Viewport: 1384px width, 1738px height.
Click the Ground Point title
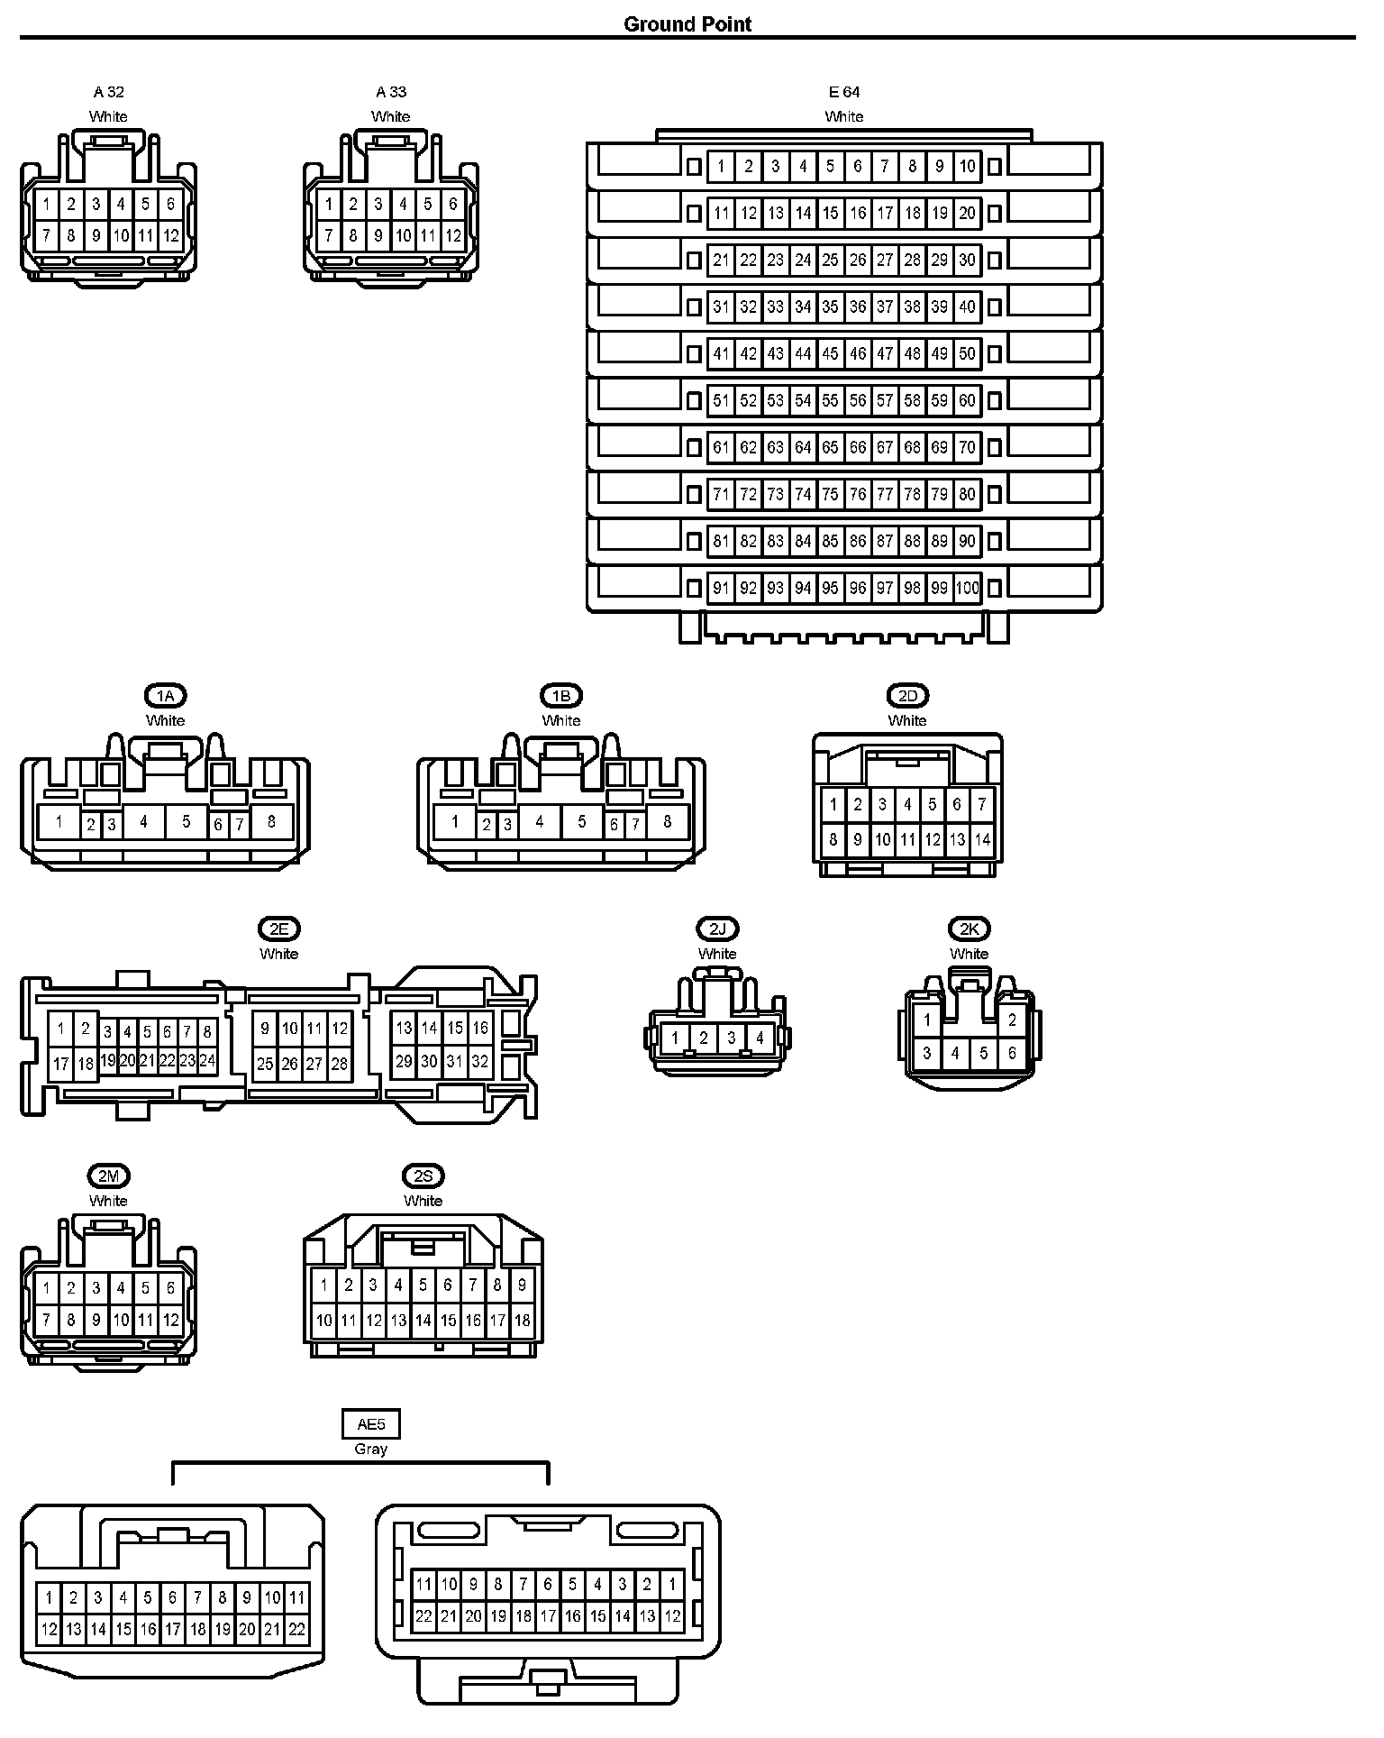(x=687, y=24)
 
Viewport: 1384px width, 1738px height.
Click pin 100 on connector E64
(x=967, y=589)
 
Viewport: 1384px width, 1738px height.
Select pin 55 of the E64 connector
(x=830, y=400)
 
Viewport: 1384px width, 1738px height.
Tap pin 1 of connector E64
(x=721, y=166)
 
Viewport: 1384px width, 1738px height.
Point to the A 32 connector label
(x=109, y=92)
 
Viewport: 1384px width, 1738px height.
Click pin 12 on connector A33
(x=453, y=236)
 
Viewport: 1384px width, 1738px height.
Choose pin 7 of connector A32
(x=47, y=236)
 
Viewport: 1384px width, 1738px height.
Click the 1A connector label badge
(x=165, y=696)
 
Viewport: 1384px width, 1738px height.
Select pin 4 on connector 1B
(x=539, y=821)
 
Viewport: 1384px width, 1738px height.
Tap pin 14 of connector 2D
(x=982, y=839)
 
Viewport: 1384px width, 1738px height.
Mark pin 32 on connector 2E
(x=480, y=1062)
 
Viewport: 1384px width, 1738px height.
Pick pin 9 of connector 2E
(x=265, y=1029)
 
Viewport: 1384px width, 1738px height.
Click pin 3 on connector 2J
(x=732, y=1038)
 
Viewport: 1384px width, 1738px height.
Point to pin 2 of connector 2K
(x=1012, y=1020)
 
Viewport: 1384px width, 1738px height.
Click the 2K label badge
(x=969, y=928)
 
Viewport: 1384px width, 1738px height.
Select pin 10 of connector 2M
(x=121, y=1321)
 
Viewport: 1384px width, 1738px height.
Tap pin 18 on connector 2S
(x=522, y=1321)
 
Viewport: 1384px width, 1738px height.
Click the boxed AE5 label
(x=370, y=1424)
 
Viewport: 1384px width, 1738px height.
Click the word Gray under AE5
(x=370, y=1449)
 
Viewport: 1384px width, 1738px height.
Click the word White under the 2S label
(x=423, y=1201)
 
